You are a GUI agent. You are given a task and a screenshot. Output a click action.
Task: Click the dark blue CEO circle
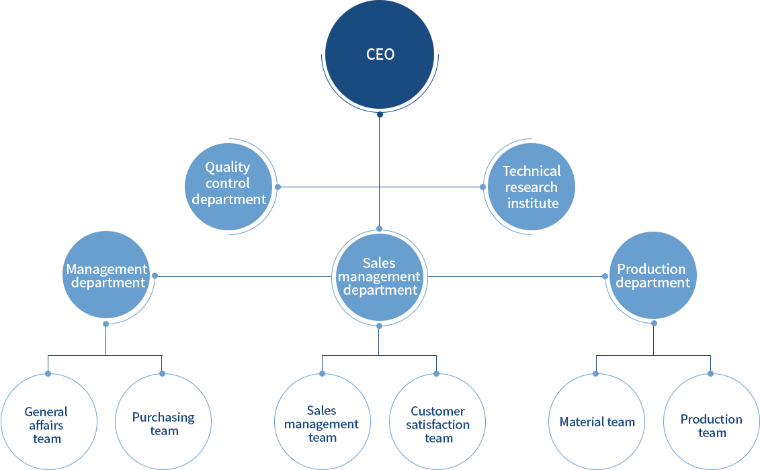click(x=380, y=54)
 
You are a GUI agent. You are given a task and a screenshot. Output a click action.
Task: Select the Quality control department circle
click(x=228, y=183)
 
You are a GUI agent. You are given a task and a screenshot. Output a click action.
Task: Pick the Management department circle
click(x=106, y=275)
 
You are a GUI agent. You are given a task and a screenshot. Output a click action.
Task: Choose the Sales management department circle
click(x=380, y=277)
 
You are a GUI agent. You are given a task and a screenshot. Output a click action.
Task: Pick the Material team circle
click(x=597, y=422)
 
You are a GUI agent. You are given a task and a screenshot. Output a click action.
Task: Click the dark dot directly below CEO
click(x=380, y=115)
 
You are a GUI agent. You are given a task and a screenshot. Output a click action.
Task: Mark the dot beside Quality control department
click(x=278, y=187)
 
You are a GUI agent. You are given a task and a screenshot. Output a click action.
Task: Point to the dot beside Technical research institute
click(x=482, y=187)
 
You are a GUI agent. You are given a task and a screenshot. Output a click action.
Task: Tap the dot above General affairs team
click(x=48, y=373)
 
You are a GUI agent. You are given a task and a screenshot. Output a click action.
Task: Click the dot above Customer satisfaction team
click(x=436, y=373)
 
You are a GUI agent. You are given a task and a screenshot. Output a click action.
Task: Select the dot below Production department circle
click(x=654, y=323)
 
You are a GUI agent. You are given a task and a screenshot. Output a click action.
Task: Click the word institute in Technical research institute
click(x=533, y=203)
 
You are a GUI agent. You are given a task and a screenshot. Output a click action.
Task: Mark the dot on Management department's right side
click(x=155, y=275)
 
